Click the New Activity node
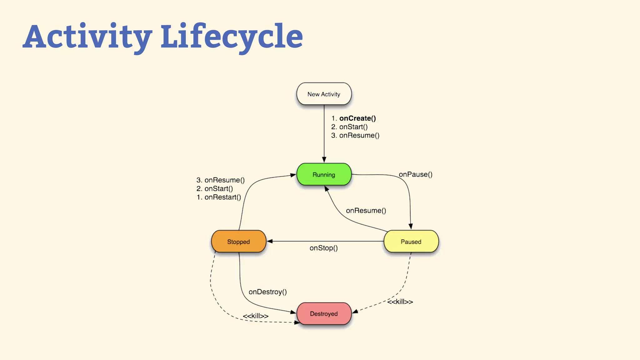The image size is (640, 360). click(x=324, y=94)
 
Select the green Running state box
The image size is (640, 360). click(x=324, y=174)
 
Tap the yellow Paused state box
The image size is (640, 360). click(x=411, y=242)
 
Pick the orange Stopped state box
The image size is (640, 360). click(x=238, y=242)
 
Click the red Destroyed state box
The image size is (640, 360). click(x=324, y=313)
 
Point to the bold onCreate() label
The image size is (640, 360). click(x=357, y=118)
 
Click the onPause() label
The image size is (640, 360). click(x=416, y=174)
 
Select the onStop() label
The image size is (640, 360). click(x=324, y=248)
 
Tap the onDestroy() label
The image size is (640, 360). click(x=268, y=292)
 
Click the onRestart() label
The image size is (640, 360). click(x=222, y=197)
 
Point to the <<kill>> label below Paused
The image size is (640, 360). click(x=400, y=302)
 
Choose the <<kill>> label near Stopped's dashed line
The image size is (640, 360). click(x=256, y=316)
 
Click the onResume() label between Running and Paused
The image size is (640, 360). click(x=366, y=211)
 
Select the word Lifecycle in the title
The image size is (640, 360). click(x=232, y=37)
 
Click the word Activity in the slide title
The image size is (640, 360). click(x=87, y=37)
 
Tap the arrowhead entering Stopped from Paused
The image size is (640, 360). click(x=270, y=241)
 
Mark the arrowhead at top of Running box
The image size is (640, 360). click(x=324, y=160)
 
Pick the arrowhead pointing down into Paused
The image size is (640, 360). click(x=411, y=227)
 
